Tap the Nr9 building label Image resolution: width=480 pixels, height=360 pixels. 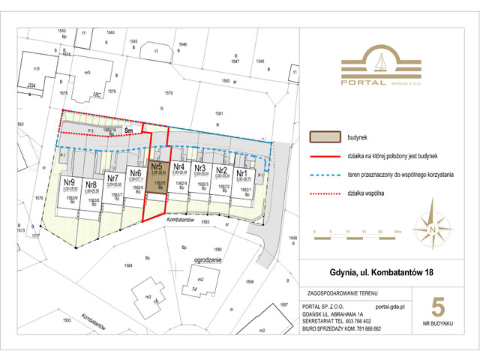tap(68, 182)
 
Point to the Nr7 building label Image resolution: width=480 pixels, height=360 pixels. tap(113, 178)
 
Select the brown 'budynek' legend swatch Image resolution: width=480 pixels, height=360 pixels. tap(325, 138)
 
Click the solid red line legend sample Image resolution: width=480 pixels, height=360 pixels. tap(325, 158)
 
